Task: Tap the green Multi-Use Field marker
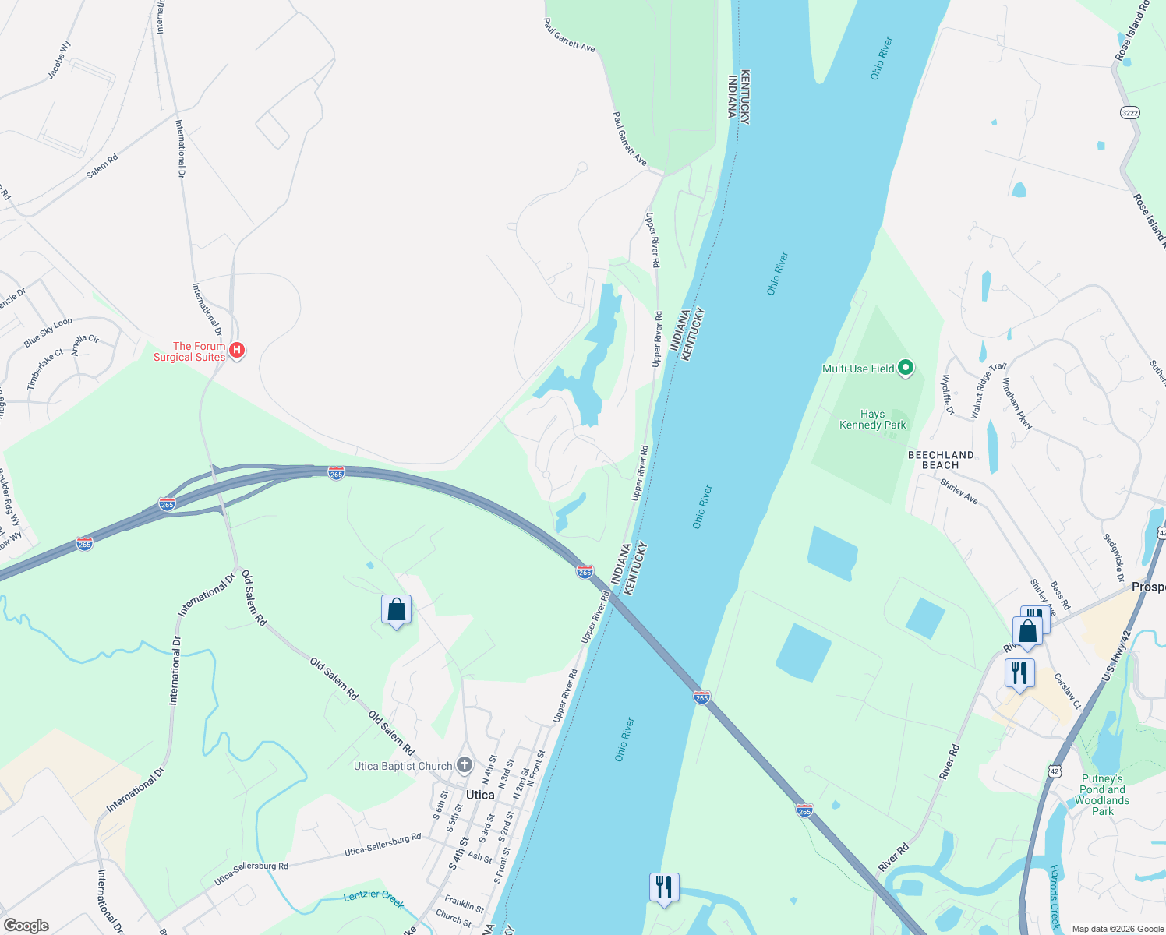(905, 368)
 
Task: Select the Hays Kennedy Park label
(872, 420)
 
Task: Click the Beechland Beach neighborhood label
(941, 460)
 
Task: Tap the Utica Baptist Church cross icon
(464, 765)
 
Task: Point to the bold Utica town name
(480, 795)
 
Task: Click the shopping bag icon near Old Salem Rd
(396, 610)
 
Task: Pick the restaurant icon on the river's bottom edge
(663, 888)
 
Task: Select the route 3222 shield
(1129, 113)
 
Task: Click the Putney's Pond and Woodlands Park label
(1102, 795)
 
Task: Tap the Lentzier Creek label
(374, 898)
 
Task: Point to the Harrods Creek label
(1054, 896)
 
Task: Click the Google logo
(26, 926)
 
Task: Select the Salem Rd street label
(102, 166)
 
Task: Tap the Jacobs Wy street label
(59, 60)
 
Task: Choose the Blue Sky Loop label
(48, 333)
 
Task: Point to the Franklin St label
(465, 905)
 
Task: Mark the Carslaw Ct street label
(1067, 691)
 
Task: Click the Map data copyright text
(1116, 929)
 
